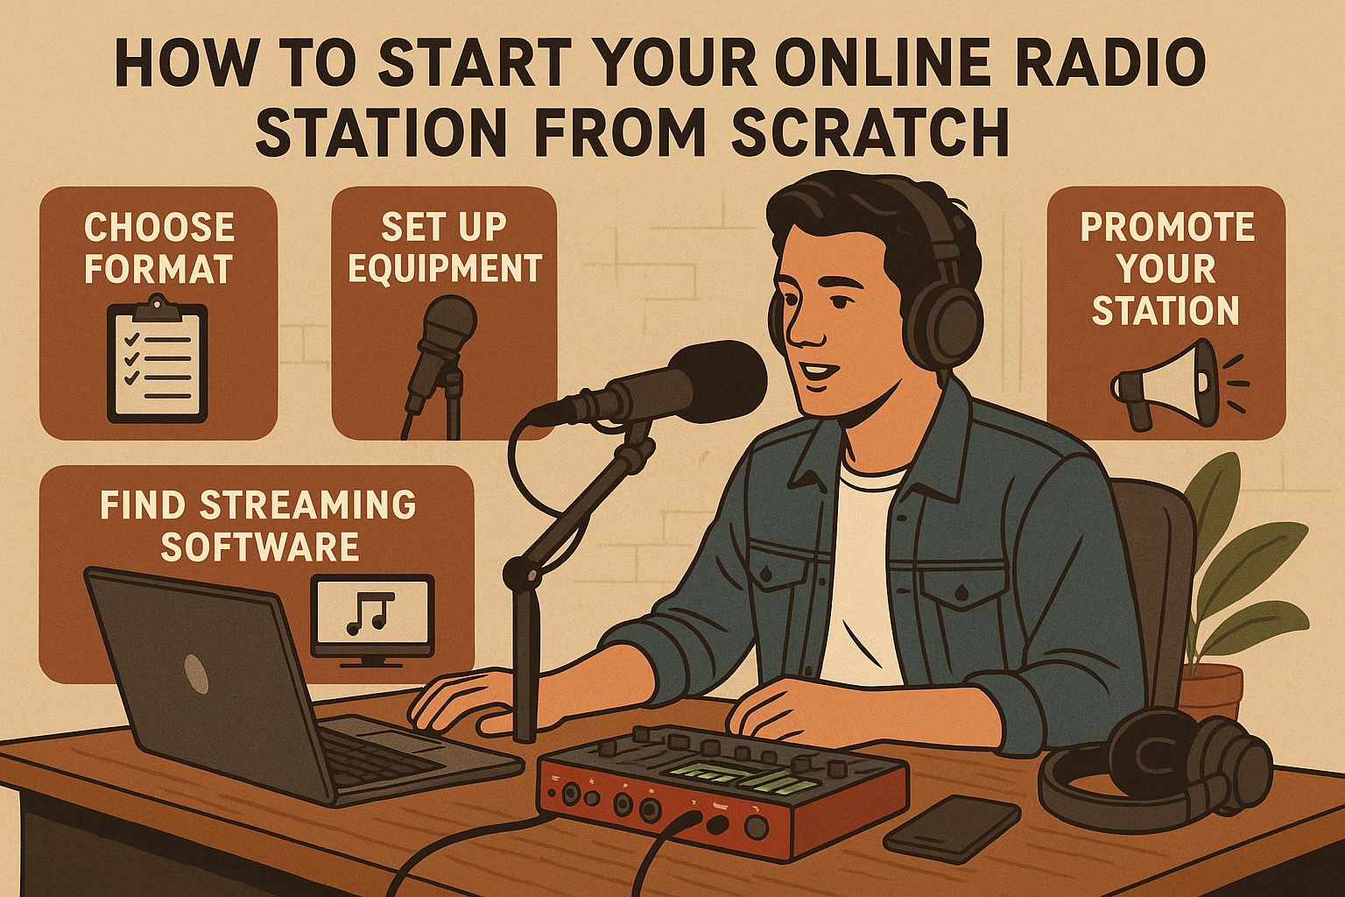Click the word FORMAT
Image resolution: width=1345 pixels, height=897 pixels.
click(158, 270)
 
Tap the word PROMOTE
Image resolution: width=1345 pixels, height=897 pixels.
click(1167, 228)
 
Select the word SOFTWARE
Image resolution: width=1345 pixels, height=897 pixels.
click(260, 547)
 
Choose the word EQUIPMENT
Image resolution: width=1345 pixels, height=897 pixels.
click(445, 270)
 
